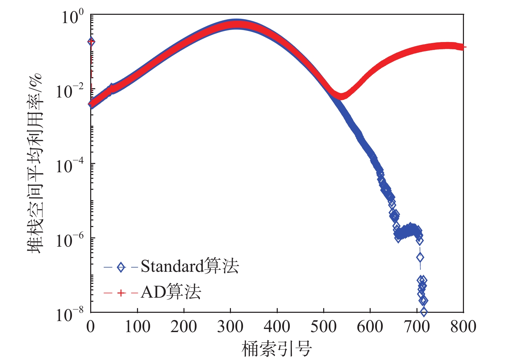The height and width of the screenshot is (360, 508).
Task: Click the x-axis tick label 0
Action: (x=91, y=327)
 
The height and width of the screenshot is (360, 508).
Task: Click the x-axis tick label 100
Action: (x=137, y=327)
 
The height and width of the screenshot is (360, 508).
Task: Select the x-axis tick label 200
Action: (x=184, y=327)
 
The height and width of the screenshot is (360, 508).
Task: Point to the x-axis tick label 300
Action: (x=230, y=327)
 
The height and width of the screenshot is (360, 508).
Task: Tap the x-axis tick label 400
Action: (x=277, y=327)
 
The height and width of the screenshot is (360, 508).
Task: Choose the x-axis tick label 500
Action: (x=324, y=327)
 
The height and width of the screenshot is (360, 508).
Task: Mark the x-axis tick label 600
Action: (x=370, y=327)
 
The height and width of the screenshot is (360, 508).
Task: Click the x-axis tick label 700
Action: (x=417, y=327)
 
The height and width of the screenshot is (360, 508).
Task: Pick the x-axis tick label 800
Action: (x=463, y=327)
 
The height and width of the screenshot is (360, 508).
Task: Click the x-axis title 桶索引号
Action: (x=277, y=349)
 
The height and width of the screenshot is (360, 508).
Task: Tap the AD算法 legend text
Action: (x=171, y=292)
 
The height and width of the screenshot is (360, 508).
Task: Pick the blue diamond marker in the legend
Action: (x=121, y=267)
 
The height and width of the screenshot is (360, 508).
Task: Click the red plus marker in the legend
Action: (x=121, y=293)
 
